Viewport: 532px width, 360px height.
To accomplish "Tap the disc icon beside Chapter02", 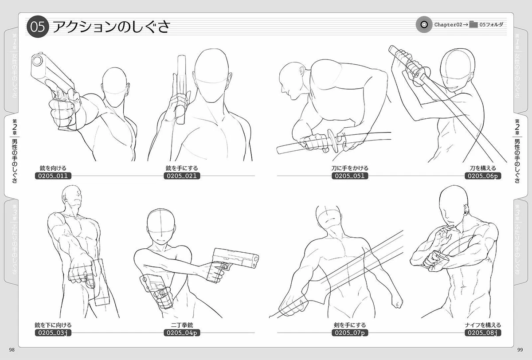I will (424, 25).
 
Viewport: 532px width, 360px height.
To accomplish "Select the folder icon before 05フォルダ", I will (473, 25).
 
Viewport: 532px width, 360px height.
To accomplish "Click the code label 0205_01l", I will (53, 176).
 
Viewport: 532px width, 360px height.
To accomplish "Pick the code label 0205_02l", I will (181, 176).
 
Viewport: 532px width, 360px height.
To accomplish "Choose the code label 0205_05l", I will (350, 176).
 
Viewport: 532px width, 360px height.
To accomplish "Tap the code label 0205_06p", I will (483, 176).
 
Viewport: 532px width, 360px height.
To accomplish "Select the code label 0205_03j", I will (53, 333).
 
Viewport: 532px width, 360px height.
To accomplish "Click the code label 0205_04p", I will (181, 333).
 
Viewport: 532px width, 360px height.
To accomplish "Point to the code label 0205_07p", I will (350, 333).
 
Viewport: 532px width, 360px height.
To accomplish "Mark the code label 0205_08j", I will (483, 333).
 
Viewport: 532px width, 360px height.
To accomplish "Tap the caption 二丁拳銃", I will (182, 325).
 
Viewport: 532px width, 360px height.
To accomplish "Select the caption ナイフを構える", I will (483, 325).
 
